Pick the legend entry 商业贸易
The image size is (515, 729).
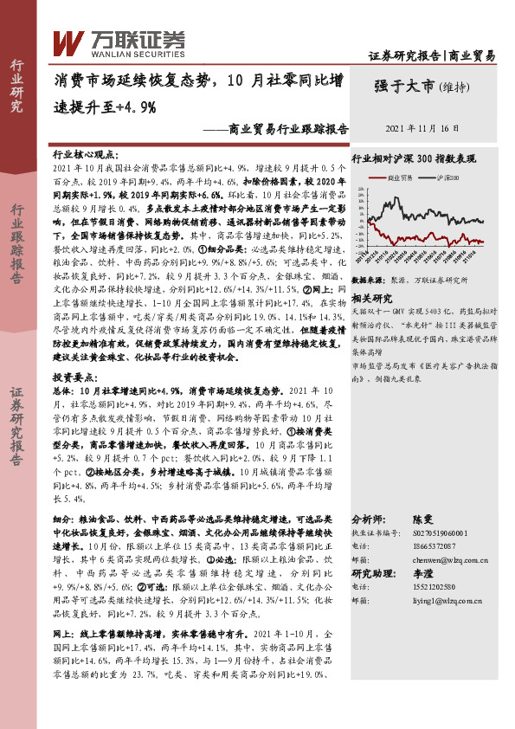[400, 177]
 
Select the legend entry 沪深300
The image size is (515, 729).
[448, 177]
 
